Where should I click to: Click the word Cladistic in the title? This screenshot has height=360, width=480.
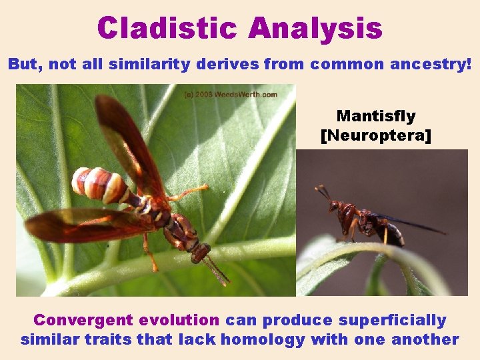[x=167, y=28]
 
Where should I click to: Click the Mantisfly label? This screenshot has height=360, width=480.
[x=376, y=116]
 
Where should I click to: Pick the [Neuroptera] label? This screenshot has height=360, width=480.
[x=376, y=136]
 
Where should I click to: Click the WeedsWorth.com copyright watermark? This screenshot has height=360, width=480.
[x=231, y=95]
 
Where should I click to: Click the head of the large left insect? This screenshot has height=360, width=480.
[x=199, y=252]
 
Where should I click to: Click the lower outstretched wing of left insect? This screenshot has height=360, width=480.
[x=80, y=225]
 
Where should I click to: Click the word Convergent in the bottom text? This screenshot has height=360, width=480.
[x=76, y=320]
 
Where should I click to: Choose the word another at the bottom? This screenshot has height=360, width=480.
[x=425, y=339]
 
